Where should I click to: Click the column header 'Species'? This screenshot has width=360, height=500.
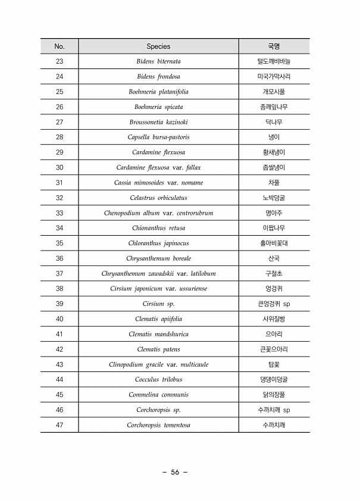coord(158,46)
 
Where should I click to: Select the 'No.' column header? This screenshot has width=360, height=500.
coord(59,46)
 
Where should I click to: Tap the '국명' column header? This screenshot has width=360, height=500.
coord(274,46)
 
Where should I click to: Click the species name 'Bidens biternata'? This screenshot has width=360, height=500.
coord(158,61)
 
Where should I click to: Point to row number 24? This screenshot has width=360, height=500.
coord(59,77)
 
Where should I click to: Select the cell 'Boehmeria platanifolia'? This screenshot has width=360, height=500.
coord(158,92)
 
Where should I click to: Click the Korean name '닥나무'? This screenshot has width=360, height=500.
coord(274,122)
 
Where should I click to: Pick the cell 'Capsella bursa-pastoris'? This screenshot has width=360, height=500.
coord(158,137)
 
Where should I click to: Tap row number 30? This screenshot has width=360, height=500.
coord(59,168)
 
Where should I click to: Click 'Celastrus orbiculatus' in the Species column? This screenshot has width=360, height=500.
coord(158,198)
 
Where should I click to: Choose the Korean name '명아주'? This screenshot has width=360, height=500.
coord(274,213)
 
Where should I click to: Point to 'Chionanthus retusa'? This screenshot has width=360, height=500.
coord(158,229)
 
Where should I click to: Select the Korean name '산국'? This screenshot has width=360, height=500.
coord(274,259)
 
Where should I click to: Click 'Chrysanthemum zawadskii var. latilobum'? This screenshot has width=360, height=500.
coord(158,274)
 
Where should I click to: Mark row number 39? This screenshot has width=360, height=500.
coord(59,304)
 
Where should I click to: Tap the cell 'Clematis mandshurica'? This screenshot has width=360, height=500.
coord(158,335)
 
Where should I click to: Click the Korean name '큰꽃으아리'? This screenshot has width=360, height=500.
coord(274,349)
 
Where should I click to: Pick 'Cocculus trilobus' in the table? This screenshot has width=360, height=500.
coord(158,380)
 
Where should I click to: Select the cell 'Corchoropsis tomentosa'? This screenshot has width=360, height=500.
coord(158,425)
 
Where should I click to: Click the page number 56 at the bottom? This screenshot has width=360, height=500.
coord(175,473)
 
